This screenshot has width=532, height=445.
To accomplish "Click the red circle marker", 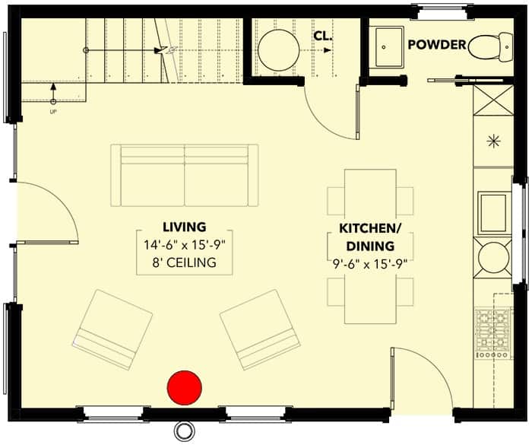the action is point(185,388).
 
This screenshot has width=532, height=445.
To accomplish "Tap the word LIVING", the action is point(185,227).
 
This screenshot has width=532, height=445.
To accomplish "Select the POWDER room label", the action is point(437,44).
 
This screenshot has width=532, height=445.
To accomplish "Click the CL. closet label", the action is point(323,36).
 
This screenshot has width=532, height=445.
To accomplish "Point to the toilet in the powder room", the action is point(490,47).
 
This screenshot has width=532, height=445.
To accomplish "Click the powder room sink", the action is point(389,47).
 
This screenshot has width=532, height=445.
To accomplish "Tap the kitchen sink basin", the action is point(494,213).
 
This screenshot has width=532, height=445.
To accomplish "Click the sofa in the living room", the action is point(184,175).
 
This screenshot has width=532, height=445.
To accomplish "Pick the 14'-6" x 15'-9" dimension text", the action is point(185,245).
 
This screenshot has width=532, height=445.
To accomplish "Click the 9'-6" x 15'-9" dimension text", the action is point(370,264).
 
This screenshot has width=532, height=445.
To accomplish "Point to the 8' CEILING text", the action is point(184,262).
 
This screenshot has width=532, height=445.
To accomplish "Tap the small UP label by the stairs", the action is point(53,111).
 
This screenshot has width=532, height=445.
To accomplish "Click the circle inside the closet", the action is point(279,50).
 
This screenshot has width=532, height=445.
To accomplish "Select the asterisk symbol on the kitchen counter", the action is point(493,141).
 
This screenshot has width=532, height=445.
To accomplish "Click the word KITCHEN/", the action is point(370,229).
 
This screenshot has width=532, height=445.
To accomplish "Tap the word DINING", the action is point(370,246).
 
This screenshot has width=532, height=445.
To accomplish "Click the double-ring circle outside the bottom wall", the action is point(185,431).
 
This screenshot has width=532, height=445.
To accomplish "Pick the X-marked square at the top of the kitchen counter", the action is point(493,100).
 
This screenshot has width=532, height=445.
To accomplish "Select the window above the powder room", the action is point(442,12).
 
